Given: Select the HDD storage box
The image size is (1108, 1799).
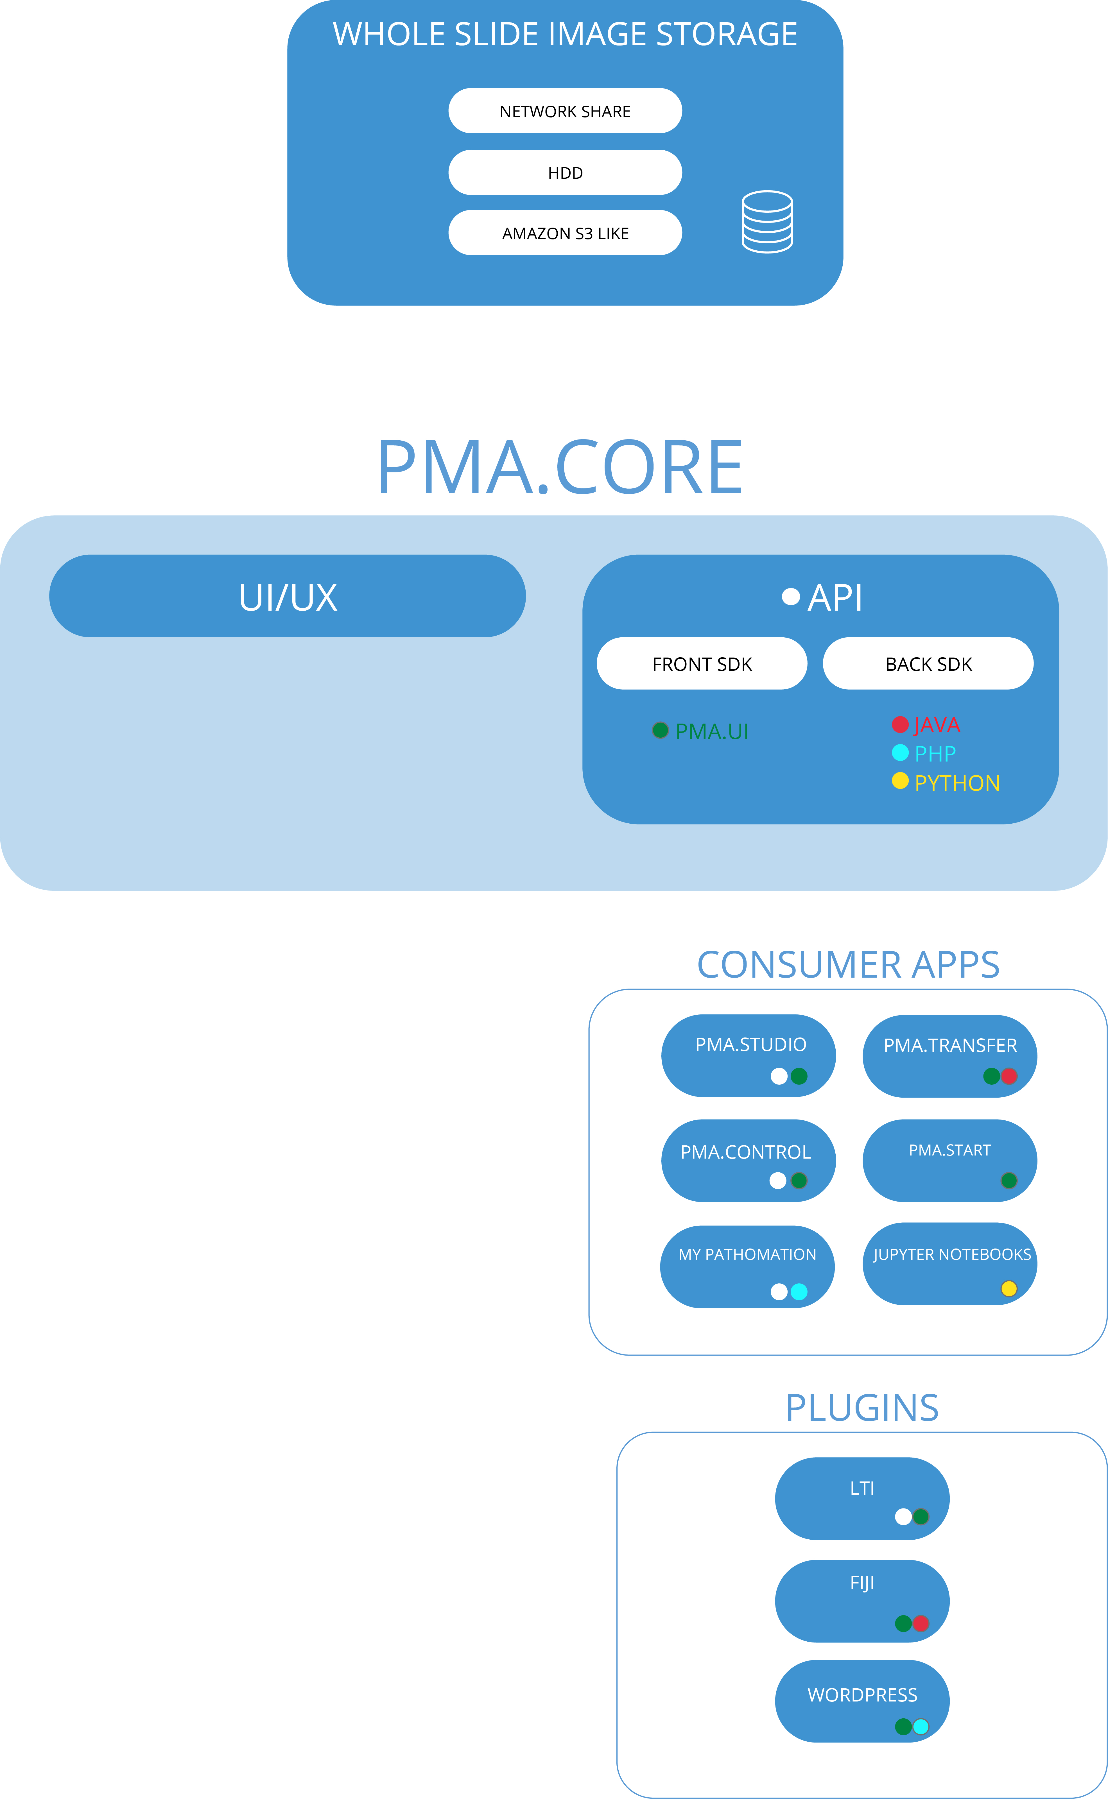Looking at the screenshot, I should pyautogui.click(x=565, y=173).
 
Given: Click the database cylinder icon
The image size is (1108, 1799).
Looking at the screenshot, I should pyautogui.click(x=767, y=222).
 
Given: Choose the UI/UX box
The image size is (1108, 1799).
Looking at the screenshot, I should pyautogui.click(x=287, y=596).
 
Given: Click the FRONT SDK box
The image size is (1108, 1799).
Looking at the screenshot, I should pyautogui.click(x=702, y=664).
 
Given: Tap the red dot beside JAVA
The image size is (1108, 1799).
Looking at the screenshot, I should pyautogui.click(x=900, y=724).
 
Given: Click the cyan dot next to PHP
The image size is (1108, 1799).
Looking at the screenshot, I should pyautogui.click(x=900, y=752).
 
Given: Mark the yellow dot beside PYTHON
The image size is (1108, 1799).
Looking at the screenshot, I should pyautogui.click(x=900, y=781).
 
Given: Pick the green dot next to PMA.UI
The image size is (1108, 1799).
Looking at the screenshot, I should pyautogui.click(x=660, y=729).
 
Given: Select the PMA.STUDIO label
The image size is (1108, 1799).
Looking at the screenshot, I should pyautogui.click(x=750, y=1044).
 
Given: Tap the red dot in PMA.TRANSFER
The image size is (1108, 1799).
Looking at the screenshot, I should pyautogui.click(x=1009, y=1076).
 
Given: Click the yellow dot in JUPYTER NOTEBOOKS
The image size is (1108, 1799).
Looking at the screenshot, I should pyautogui.click(x=1009, y=1288).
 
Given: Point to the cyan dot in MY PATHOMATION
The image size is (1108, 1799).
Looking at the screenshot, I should pyautogui.click(x=799, y=1292).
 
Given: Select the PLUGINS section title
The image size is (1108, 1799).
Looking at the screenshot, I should pyautogui.click(x=862, y=1408).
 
